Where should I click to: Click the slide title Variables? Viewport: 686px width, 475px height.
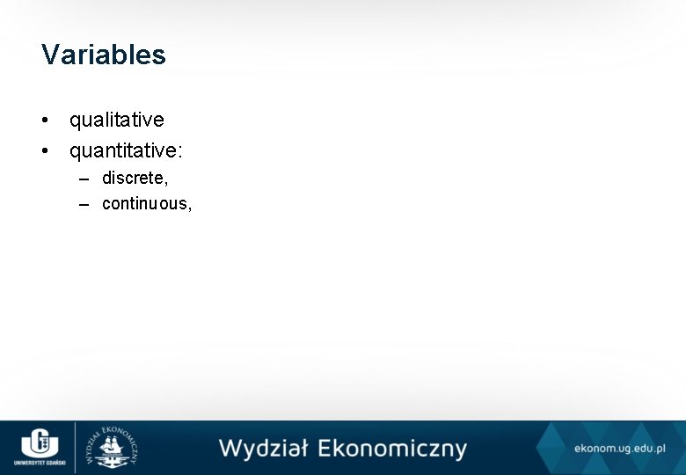pyautogui.click(x=103, y=55)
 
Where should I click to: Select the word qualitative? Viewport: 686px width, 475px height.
pyautogui.click(x=117, y=119)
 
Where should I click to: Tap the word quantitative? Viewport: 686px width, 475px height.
pyautogui.click(x=123, y=151)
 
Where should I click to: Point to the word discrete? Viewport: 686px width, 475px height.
pyautogui.click(x=132, y=178)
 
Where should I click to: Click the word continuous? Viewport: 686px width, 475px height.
pyautogui.click(x=143, y=204)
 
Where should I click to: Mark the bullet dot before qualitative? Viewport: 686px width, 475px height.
pyautogui.click(x=45, y=120)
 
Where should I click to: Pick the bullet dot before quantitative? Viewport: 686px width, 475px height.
pyautogui.click(x=45, y=152)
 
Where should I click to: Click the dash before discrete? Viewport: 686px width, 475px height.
pyautogui.click(x=84, y=179)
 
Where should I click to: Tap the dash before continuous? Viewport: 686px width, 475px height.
pyautogui.click(x=84, y=205)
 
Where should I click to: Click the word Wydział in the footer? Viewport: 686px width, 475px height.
pyautogui.click(x=263, y=449)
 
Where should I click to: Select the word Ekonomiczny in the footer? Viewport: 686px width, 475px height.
pyautogui.click(x=391, y=449)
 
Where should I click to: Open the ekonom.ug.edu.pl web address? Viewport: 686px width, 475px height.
pyautogui.click(x=619, y=448)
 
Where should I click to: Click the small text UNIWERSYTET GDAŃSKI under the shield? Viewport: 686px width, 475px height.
pyautogui.click(x=38, y=463)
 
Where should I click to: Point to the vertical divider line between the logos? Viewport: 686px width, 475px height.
pyautogui.click(x=75, y=448)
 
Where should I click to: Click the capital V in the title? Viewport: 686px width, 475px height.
pyautogui.click(x=50, y=55)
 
